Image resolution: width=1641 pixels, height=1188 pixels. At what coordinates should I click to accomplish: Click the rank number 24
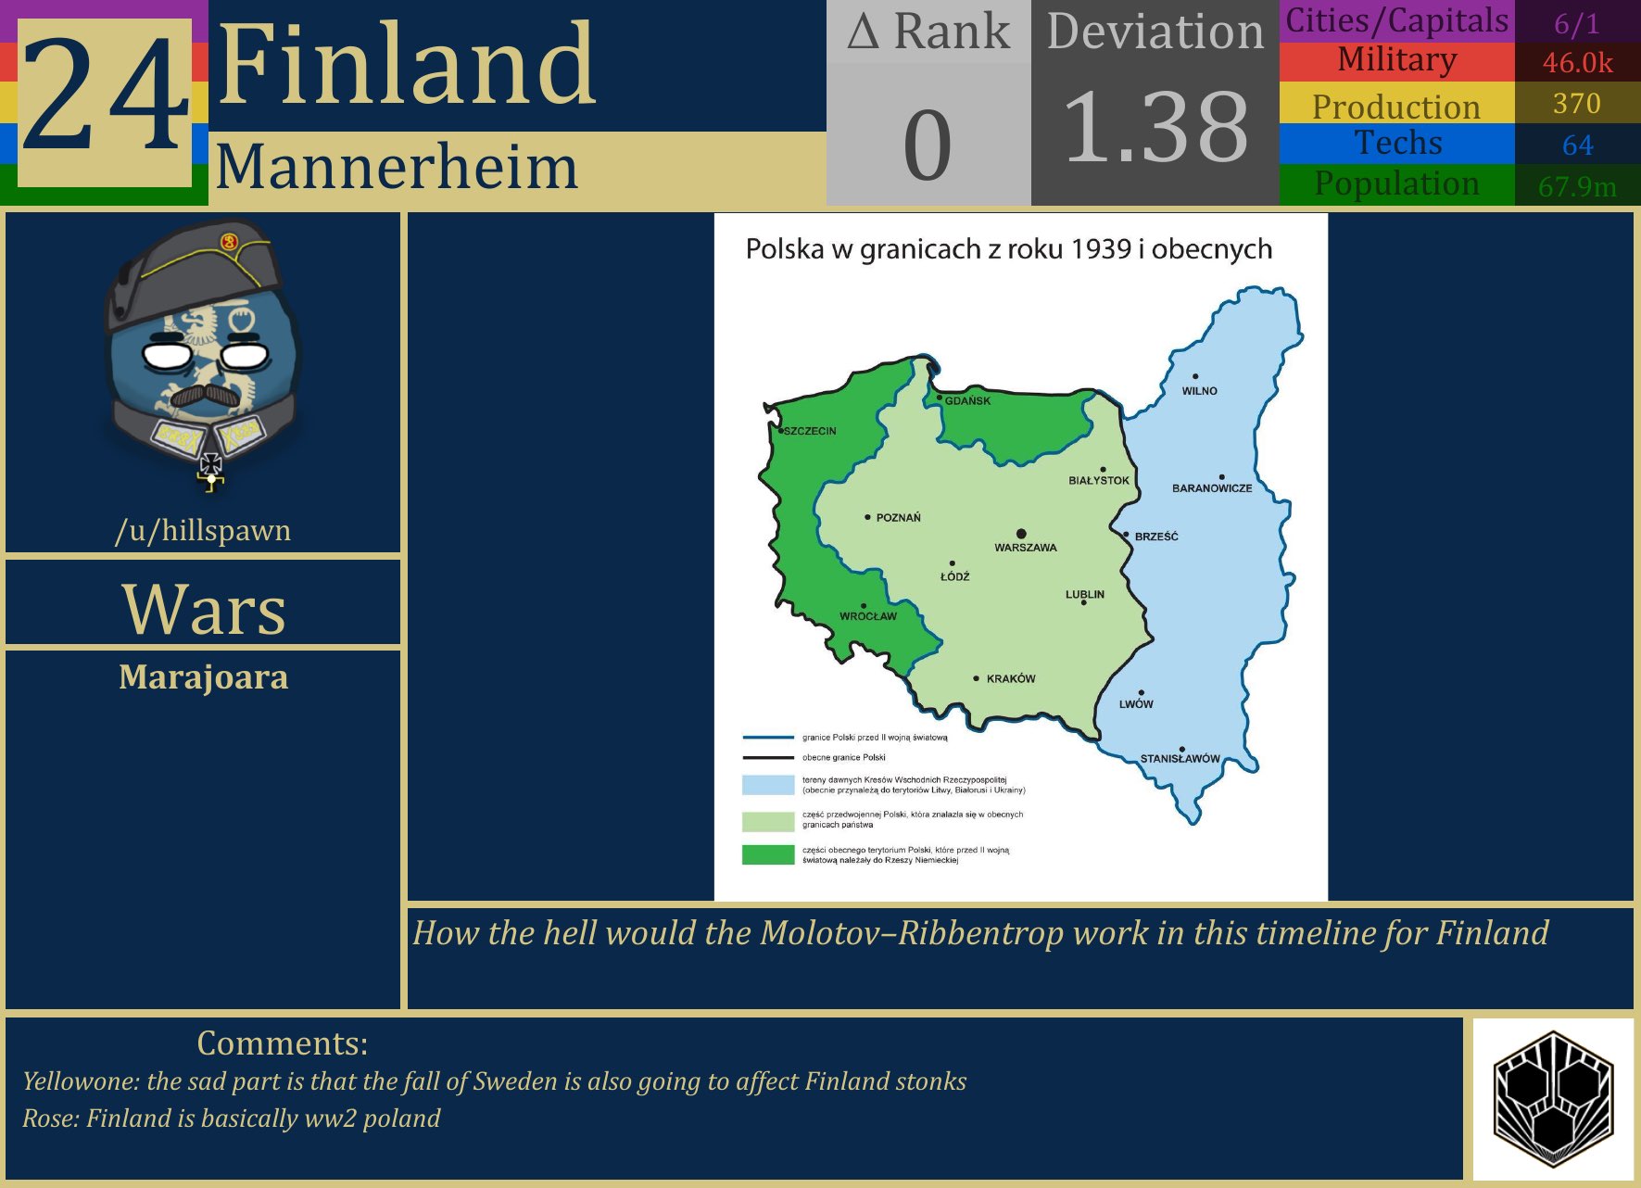point(105,95)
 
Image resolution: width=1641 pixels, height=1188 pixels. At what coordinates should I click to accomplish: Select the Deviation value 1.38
point(1155,128)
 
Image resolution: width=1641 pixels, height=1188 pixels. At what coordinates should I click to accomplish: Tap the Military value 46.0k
point(1577,63)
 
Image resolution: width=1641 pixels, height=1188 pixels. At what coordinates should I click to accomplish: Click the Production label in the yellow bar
point(1396,107)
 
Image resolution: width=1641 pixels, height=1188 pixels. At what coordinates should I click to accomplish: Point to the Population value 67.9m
point(1577,186)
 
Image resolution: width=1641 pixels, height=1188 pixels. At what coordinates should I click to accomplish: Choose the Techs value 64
point(1577,145)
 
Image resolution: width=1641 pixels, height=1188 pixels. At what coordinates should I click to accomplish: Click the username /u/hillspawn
point(203,530)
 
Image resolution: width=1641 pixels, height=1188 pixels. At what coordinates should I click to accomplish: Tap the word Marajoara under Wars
point(203,677)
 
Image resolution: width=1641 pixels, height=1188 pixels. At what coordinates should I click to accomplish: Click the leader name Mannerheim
point(397,168)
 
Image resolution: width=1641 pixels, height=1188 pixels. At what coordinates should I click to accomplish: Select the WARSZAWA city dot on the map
point(1021,534)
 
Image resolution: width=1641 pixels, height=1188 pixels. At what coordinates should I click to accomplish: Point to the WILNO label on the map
point(1199,391)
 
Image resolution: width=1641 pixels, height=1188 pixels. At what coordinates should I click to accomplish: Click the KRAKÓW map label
point(1011,679)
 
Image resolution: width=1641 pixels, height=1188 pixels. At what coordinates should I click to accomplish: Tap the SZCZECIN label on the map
point(810,431)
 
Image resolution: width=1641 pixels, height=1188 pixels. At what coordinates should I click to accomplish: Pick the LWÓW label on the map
point(1136,704)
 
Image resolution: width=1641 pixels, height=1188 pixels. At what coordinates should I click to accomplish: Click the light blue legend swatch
point(767,785)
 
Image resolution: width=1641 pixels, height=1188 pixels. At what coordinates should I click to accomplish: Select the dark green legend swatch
point(767,854)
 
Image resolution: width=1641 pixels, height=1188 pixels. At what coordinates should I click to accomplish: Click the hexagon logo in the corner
point(1553,1099)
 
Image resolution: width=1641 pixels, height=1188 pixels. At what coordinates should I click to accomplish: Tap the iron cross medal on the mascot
point(211,465)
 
